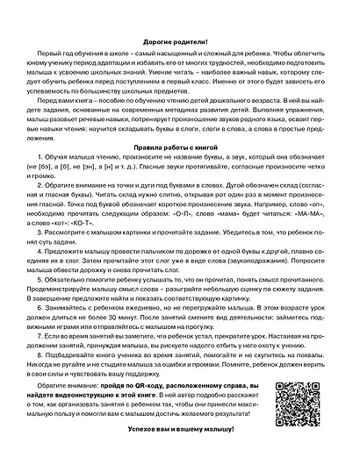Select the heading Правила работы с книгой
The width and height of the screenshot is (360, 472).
coord(179,149)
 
